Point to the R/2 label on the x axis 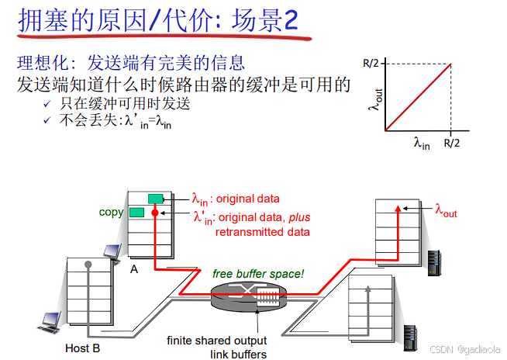pyautogui.click(x=453, y=143)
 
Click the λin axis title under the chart pyautogui.click(x=421, y=143)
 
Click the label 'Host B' pyautogui.click(x=83, y=348)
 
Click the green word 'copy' pyautogui.click(x=111, y=211)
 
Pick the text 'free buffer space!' pyautogui.click(x=259, y=274)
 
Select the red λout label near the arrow pyautogui.click(x=446, y=209)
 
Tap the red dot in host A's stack pyautogui.click(x=155, y=212)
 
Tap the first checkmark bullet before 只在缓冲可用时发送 pyautogui.click(x=46, y=103)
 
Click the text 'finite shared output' pyautogui.click(x=217, y=341)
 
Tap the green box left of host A pyautogui.click(x=137, y=212)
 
